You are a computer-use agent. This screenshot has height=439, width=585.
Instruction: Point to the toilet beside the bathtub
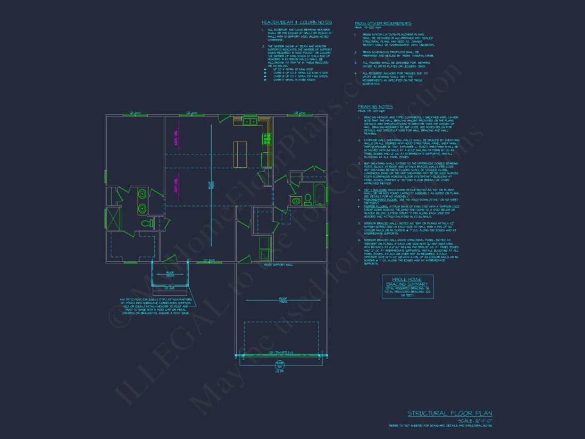(307, 201)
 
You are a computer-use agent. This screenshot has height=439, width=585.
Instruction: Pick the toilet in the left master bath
(149, 223)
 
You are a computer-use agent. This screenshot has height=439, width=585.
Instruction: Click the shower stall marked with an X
(113, 218)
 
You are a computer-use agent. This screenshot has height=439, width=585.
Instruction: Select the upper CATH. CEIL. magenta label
(176, 137)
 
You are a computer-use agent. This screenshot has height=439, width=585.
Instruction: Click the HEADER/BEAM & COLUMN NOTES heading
(296, 22)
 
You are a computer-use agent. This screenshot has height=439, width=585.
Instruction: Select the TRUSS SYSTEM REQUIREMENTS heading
(383, 23)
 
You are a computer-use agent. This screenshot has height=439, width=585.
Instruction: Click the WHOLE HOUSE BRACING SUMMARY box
(407, 286)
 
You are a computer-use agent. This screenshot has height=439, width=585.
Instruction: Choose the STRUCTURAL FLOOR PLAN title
(450, 413)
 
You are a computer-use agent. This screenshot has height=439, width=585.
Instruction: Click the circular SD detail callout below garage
(280, 367)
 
